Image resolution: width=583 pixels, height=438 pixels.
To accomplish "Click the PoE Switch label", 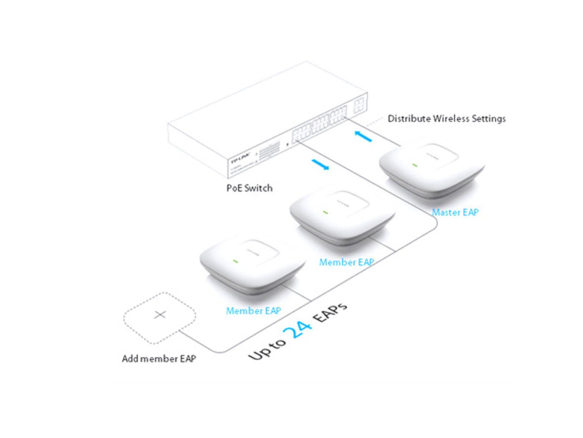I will pyautogui.click(x=249, y=188).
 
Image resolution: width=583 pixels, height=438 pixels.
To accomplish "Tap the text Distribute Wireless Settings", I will pyautogui.click(x=446, y=118).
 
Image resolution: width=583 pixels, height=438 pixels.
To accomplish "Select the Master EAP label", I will pyautogui.click(x=455, y=212).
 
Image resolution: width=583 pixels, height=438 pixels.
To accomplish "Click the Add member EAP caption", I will pyautogui.click(x=159, y=359).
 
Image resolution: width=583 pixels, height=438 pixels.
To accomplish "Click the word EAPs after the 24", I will pyautogui.click(x=329, y=312).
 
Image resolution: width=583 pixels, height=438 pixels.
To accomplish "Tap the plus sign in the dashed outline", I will pyautogui.click(x=160, y=315).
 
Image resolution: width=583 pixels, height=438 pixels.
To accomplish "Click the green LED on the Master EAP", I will pyautogui.click(x=415, y=165).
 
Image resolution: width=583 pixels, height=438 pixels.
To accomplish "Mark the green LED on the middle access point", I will pyautogui.click(x=326, y=212).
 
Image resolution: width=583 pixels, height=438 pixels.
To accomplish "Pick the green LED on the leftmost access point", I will pyautogui.click(x=235, y=261).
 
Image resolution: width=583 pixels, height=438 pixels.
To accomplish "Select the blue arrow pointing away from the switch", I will pyautogui.click(x=320, y=164).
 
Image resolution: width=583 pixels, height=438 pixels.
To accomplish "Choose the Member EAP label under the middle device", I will pyautogui.click(x=346, y=262).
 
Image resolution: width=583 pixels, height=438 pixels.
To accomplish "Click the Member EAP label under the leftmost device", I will pyautogui.click(x=253, y=311).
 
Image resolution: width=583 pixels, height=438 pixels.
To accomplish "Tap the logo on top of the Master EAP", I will pyautogui.click(x=432, y=155).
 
